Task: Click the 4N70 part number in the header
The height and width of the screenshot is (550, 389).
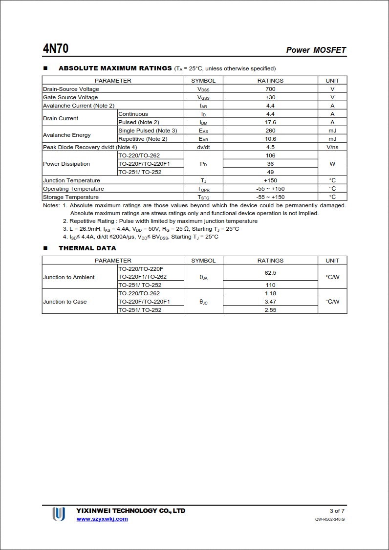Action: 55,49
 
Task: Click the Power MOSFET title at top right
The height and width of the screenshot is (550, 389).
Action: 316,50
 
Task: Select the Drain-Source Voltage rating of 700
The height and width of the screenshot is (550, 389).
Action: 270,89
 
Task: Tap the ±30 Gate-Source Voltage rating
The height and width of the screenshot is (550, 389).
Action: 270,97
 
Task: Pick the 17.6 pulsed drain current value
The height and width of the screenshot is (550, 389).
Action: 270,122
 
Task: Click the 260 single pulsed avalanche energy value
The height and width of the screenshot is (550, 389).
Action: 270,131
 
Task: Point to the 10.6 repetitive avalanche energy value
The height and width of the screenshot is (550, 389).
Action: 270,139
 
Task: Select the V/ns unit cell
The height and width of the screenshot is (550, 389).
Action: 332,147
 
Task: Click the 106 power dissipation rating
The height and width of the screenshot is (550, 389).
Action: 270,155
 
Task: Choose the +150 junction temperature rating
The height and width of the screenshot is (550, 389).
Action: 270,180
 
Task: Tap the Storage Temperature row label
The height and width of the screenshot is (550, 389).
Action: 71,197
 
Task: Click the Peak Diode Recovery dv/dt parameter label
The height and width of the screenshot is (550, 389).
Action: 90,147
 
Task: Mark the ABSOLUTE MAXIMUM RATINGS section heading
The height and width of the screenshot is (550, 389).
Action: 115,68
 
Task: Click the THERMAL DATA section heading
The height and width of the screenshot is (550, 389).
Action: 87,248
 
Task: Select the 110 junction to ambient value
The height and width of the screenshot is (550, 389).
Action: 270,285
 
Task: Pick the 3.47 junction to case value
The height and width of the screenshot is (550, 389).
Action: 270,302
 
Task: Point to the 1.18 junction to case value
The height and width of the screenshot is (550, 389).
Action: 270,293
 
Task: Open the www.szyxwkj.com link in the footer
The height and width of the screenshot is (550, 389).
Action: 102,519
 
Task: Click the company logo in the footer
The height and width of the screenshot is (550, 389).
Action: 59,514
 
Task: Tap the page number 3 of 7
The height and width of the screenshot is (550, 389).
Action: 337,511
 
